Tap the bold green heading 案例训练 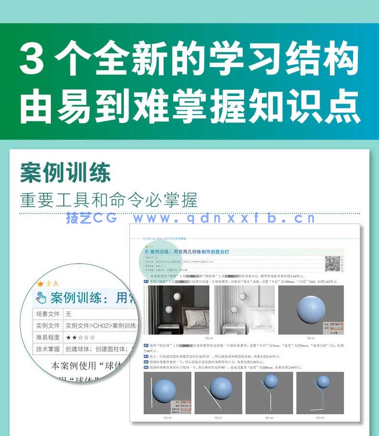65,173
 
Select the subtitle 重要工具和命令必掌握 108,200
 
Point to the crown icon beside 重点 40,283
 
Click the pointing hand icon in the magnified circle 42,298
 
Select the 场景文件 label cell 48,314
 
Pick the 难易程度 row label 48,337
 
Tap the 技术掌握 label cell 48,349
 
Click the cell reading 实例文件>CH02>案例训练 96,326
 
